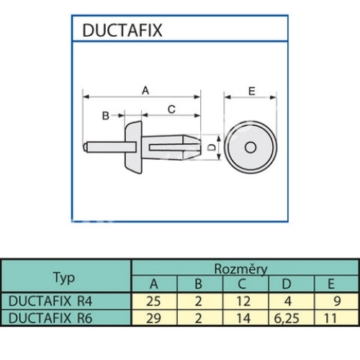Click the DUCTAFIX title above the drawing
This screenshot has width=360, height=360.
tap(122, 30)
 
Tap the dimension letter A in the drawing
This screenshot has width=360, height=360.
tap(145, 91)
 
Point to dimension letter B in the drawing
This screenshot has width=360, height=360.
tap(106, 116)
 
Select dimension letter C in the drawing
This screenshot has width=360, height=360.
tap(171, 109)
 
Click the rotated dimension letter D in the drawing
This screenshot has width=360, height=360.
tap(211, 147)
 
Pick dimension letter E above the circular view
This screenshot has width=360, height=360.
tap(252, 91)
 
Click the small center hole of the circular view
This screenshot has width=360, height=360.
tap(251, 147)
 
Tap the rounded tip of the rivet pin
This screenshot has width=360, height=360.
tap(85, 147)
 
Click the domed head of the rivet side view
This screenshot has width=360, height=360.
tap(133, 147)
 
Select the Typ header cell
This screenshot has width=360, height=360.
tap(64, 278)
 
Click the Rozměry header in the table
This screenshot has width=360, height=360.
tap(240, 269)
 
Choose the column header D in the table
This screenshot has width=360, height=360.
tap(287, 284)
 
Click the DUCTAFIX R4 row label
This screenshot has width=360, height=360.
tap(50, 301)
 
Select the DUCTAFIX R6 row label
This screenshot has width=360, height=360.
tap(50, 318)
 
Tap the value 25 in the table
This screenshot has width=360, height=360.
tap(153, 301)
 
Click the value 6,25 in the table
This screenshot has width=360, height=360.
tap(287, 319)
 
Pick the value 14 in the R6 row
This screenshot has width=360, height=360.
tap(243, 318)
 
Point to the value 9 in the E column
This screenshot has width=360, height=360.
tap(337, 301)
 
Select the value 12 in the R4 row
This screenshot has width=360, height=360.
tap(243, 301)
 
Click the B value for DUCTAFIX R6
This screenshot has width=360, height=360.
tap(198, 318)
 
